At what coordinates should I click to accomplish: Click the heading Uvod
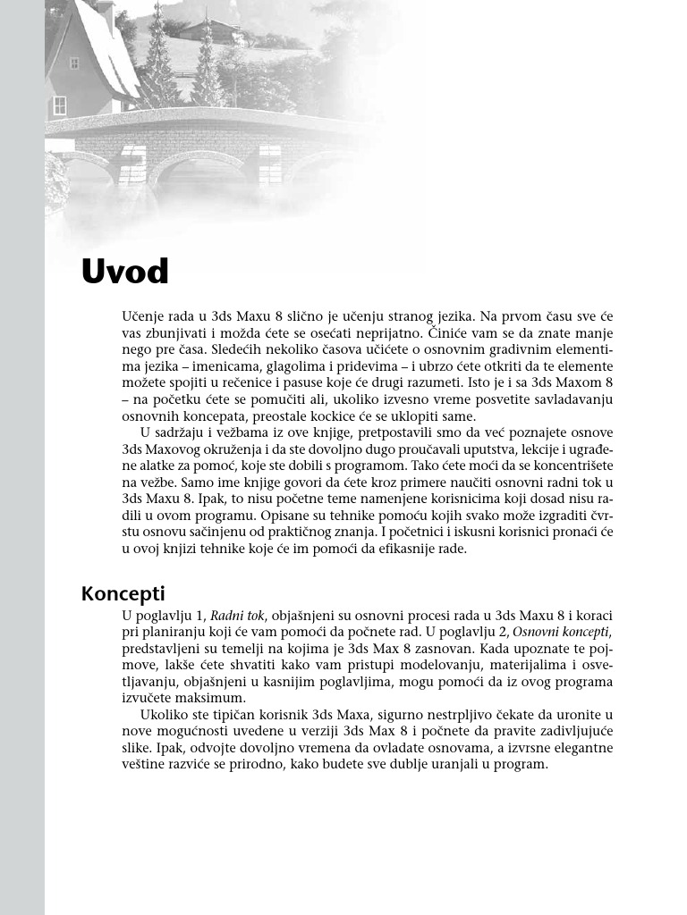pos(124,271)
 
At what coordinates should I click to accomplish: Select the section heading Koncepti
pos(123,593)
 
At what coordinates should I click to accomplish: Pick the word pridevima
pos(381,365)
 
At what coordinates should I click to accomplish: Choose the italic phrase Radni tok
pos(239,616)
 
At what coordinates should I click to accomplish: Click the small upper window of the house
pos(73,63)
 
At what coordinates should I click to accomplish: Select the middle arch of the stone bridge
pos(196,171)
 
